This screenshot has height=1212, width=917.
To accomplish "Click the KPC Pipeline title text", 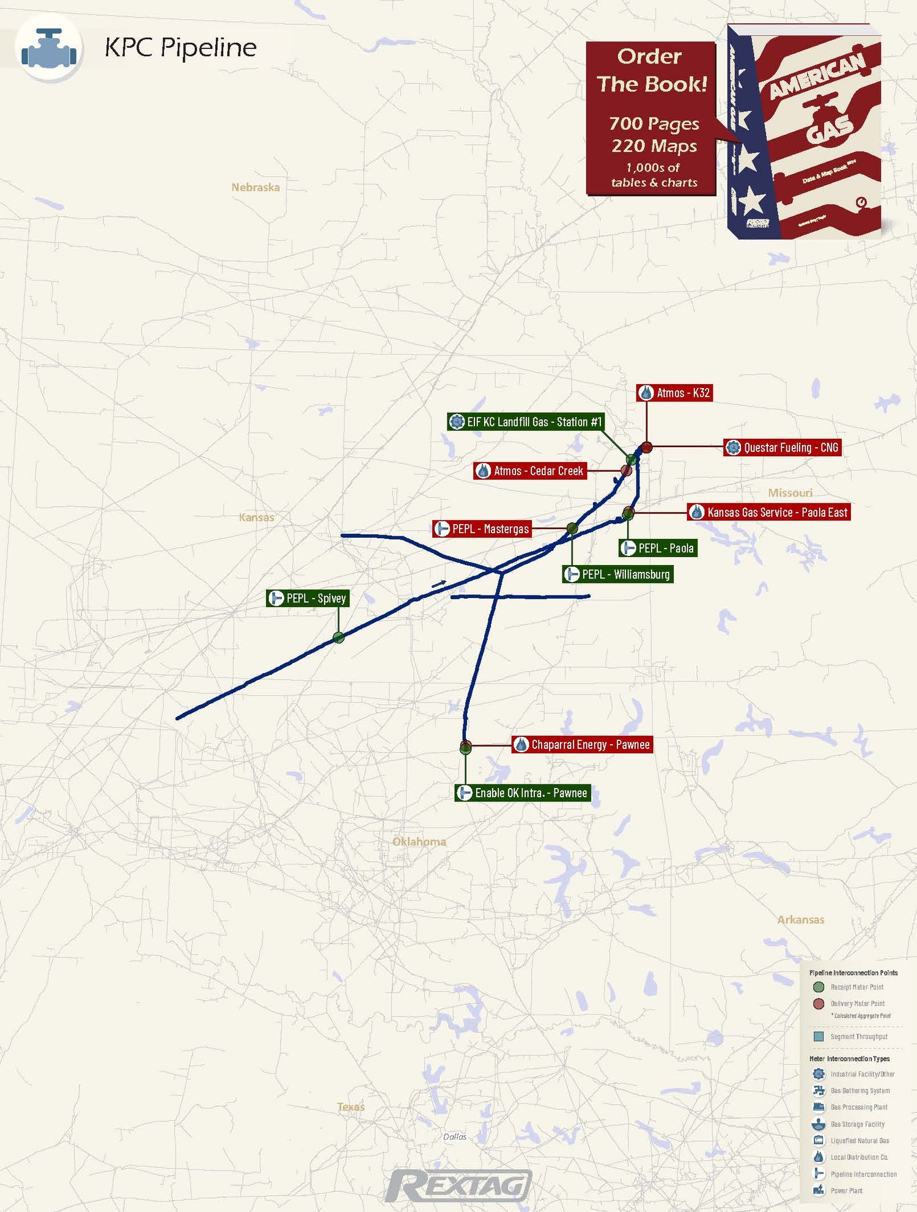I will coord(180,48).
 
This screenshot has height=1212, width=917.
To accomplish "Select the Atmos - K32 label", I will coord(675,393).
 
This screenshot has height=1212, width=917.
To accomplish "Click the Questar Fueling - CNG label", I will coord(783,448).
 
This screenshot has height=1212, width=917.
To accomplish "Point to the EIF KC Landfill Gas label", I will coord(526,422).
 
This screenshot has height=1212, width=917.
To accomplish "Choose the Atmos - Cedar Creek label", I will coord(530,471).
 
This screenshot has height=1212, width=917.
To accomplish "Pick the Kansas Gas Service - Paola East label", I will coord(769,512).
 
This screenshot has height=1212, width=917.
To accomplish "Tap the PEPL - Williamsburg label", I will coord(617,574).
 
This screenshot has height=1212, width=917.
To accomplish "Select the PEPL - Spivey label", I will coord(308,598).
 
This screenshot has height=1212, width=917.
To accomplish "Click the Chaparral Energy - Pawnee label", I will coord(582,745).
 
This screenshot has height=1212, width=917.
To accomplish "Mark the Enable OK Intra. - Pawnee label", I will coord(523,793).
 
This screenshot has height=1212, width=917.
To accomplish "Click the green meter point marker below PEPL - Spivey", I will coord(338,638).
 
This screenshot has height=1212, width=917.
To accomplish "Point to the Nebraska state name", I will coord(256,188).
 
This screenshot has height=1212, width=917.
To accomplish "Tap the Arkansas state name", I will coord(800,919).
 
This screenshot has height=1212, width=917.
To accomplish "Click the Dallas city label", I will coord(455,1136).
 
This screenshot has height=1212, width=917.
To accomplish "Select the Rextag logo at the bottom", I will coord(458,1185).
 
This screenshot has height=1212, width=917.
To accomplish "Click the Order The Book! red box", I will coord(651,119).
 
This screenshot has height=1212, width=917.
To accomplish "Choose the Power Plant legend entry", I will coord(846,1191).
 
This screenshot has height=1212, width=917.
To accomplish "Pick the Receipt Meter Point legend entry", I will coord(856,987).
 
